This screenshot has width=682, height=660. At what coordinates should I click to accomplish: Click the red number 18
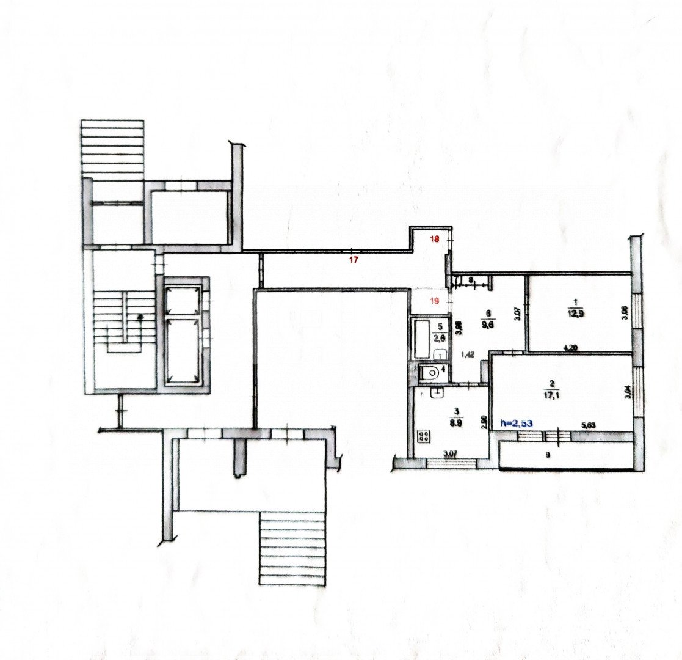click(435, 239)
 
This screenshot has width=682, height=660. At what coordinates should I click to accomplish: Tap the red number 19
click(435, 300)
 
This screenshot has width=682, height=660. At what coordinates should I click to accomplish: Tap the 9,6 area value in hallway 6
click(487, 324)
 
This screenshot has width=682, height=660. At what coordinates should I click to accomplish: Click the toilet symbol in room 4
click(430, 370)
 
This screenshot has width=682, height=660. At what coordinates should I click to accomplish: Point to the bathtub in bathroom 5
click(423, 338)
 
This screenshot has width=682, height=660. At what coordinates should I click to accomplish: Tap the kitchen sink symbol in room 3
click(436, 394)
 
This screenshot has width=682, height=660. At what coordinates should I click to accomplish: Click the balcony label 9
click(548, 455)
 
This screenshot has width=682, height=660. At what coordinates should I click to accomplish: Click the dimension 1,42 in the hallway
click(468, 353)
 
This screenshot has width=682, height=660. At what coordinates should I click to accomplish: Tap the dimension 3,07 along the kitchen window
click(450, 453)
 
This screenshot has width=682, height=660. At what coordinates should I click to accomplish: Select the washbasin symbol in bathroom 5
click(440, 354)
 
